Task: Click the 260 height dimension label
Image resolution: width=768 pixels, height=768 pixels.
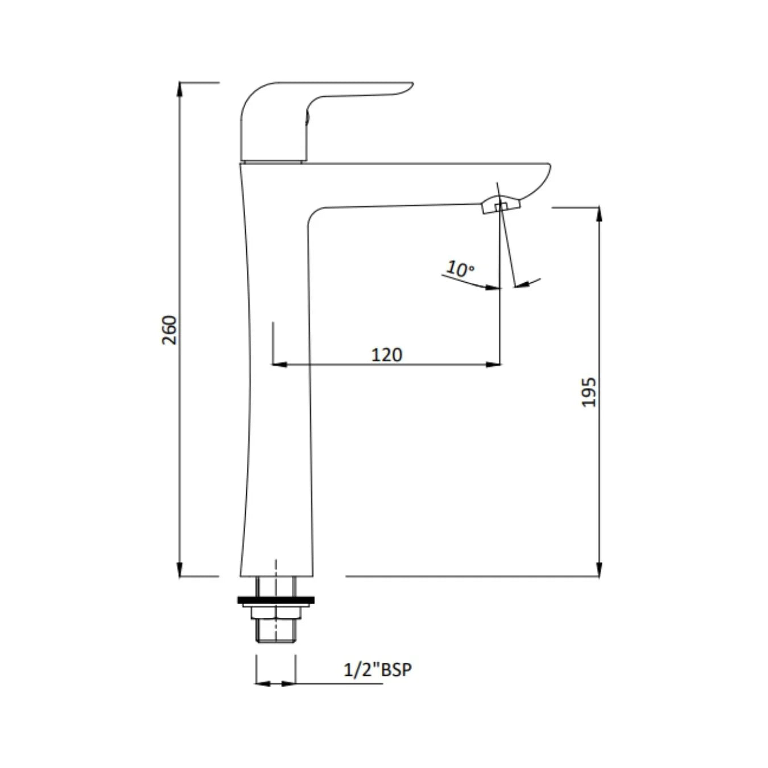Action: point(170,329)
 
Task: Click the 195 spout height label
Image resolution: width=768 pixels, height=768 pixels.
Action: point(589,392)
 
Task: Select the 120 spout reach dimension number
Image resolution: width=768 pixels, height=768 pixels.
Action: point(386,354)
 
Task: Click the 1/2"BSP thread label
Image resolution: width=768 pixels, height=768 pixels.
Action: point(377,670)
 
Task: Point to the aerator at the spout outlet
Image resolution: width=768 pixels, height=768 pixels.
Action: point(500,205)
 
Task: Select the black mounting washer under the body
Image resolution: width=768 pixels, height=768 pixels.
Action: point(275,600)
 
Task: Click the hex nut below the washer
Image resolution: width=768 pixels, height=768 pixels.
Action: point(275,612)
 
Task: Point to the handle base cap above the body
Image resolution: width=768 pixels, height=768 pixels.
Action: point(273,160)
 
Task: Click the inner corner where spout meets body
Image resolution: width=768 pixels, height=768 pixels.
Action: point(313,213)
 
